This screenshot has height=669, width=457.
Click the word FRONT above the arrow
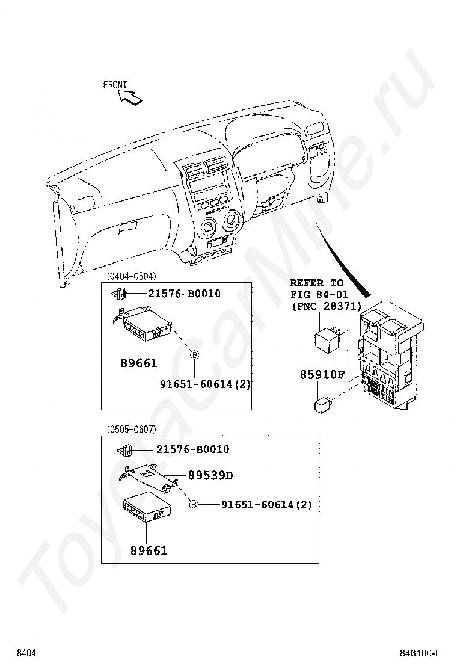pos(115,85)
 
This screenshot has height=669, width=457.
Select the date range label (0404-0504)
pos(131,276)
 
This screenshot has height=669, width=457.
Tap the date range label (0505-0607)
pos(131,429)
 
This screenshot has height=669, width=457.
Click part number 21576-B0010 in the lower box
pos(192,449)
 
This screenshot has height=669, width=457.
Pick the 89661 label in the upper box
pos(138,363)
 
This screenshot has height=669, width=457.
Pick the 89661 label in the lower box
pos(149,550)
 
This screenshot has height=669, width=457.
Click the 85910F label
pos(322,375)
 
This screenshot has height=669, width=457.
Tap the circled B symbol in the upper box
pos(194,355)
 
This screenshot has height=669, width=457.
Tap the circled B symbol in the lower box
pos(194,505)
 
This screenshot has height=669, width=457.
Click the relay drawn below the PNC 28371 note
pos(330,337)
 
